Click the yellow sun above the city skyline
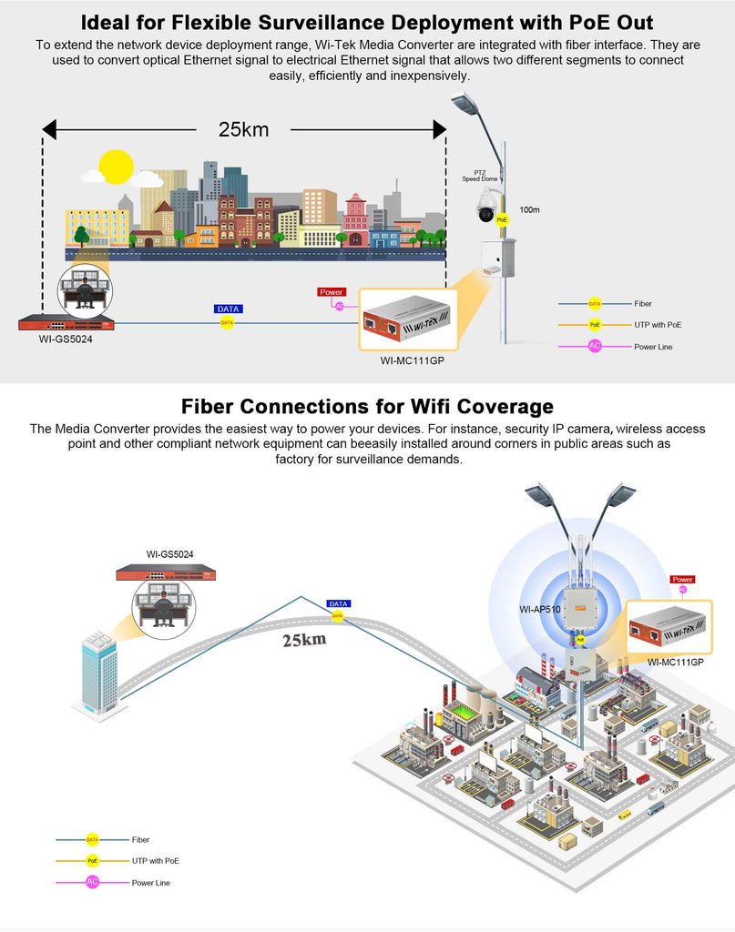pyautogui.click(x=116, y=167)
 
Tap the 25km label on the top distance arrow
pyautogui.click(x=243, y=129)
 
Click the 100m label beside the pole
pyautogui.click(x=529, y=210)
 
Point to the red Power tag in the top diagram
pyautogui.click(x=332, y=292)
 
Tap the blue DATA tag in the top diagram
pyautogui.click(x=228, y=309)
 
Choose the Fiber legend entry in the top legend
pyautogui.click(x=643, y=304)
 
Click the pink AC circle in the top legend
pyautogui.click(x=595, y=346)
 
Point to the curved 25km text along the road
pyautogui.click(x=303, y=640)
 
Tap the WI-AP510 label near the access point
pyautogui.click(x=536, y=608)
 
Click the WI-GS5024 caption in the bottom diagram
pyautogui.click(x=169, y=553)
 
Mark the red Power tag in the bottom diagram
pyautogui.click(x=682, y=579)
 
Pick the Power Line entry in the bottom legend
pyautogui.click(x=151, y=883)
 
